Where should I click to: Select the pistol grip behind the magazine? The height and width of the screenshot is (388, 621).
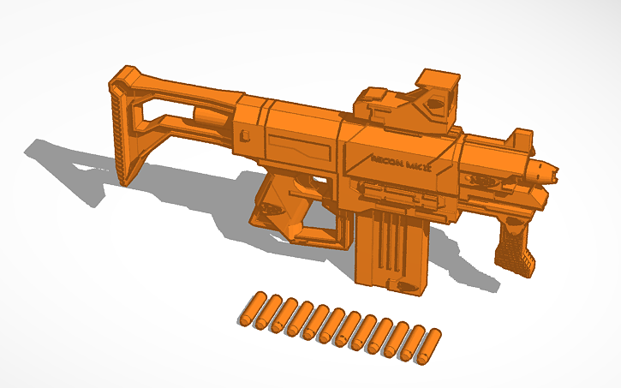(x=283, y=211)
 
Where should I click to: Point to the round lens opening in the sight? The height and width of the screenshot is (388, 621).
(x=436, y=104)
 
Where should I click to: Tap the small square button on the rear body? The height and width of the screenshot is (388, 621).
(x=246, y=134)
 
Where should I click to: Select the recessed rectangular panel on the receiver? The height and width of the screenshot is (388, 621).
(x=300, y=149)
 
